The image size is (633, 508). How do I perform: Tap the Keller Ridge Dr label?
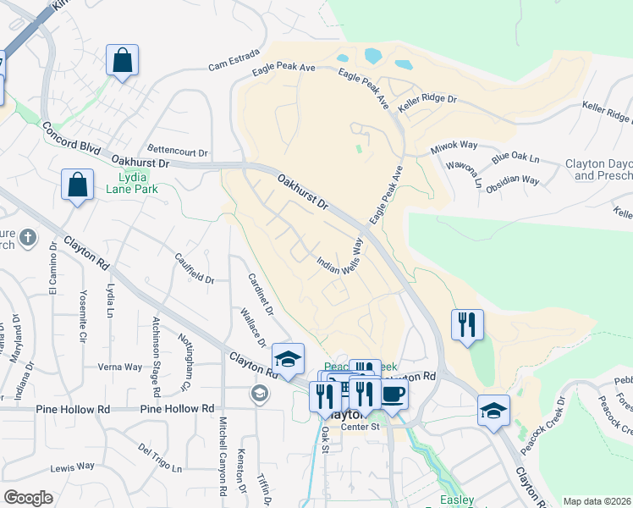click(427, 100)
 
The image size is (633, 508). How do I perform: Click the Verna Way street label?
click(120, 367)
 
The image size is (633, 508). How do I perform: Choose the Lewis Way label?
click(73, 467)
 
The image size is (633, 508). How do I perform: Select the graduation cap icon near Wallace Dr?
click(288, 359)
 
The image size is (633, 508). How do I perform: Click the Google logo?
click(28, 498)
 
